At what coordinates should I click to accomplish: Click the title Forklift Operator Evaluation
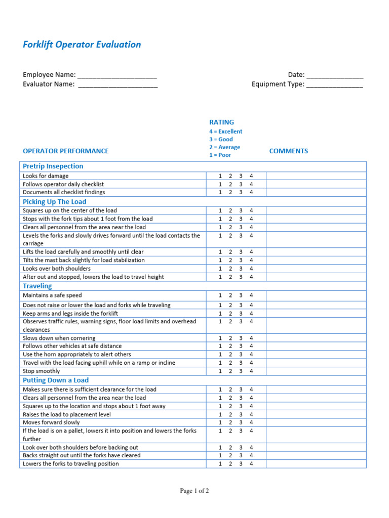82,45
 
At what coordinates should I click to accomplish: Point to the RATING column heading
222,122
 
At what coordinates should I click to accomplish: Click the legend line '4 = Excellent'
226,132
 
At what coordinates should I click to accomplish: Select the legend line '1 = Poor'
220,155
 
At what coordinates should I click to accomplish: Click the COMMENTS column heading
289,151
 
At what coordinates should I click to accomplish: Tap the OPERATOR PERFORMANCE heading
66,151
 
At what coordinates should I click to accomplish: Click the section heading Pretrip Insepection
53,166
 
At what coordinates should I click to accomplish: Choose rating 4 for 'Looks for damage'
251,176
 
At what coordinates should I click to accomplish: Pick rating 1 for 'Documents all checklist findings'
220,192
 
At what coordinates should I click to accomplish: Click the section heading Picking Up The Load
55,201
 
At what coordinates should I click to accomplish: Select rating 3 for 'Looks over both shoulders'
241,269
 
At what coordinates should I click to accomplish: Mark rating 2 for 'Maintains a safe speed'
230,295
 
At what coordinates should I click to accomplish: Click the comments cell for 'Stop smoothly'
316,371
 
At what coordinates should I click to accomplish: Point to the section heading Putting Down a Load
56,380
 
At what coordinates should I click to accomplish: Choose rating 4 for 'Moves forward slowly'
251,422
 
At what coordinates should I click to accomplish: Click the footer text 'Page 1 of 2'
194,491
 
